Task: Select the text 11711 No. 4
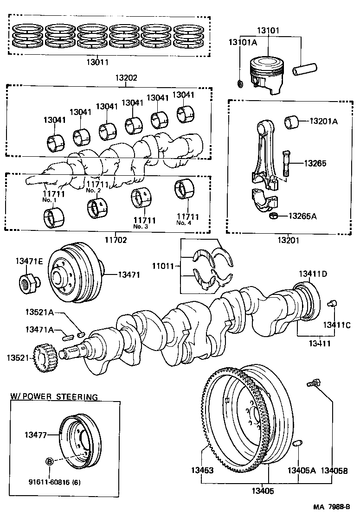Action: [187, 219]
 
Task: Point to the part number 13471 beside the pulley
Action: [129, 275]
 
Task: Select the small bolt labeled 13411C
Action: [332, 303]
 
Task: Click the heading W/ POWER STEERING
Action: [54, 397]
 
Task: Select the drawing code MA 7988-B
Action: [328, 508]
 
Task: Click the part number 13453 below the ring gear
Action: [201, 470]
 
